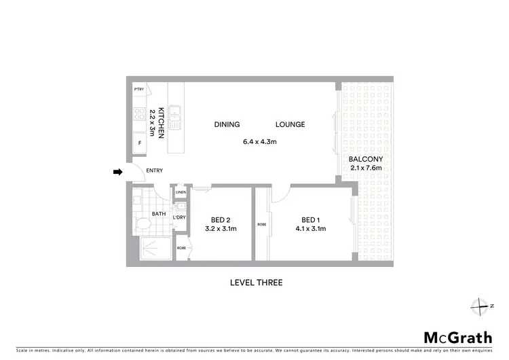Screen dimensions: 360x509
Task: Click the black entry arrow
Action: [x=117, y=173]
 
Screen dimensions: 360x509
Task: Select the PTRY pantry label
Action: [x=139, y=89]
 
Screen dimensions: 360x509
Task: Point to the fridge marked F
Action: [x=140, y=143]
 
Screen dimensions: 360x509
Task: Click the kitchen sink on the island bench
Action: [x=175, y=117]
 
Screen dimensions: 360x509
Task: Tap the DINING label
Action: [x=227, y=124]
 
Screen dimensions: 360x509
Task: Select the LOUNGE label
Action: [x=290, y=124]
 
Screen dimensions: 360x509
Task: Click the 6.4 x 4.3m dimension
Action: [x=260, y=142]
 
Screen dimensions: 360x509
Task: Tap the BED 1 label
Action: [x=310, y=219]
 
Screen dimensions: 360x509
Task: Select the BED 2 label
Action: [x=221, y=219]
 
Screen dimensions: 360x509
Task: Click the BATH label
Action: [x=159, y=214]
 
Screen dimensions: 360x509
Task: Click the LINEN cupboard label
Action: [x=180, y=192]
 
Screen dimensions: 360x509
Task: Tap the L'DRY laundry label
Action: [x=180, y=217]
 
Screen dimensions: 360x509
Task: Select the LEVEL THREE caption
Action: [x=256, y=283]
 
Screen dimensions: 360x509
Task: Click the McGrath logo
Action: [x=454, y=338]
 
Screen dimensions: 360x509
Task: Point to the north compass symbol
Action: [x=480, y=306]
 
